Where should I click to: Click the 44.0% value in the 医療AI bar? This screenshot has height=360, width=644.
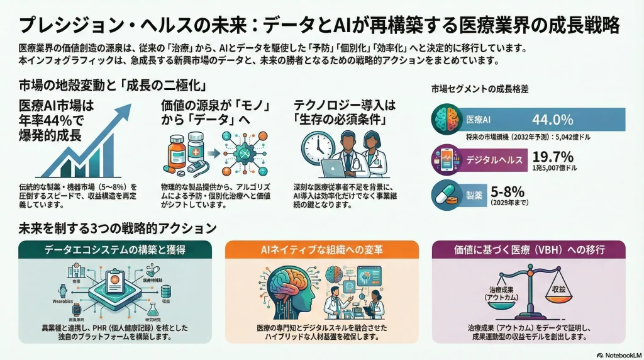[552, 120]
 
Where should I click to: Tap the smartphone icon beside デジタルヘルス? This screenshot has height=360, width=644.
[446, 159]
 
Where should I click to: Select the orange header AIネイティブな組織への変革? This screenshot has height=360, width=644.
[321, 250]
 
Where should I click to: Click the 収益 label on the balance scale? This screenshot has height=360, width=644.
[558, 289]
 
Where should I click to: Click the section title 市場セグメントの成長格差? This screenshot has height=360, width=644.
[479, 89]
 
